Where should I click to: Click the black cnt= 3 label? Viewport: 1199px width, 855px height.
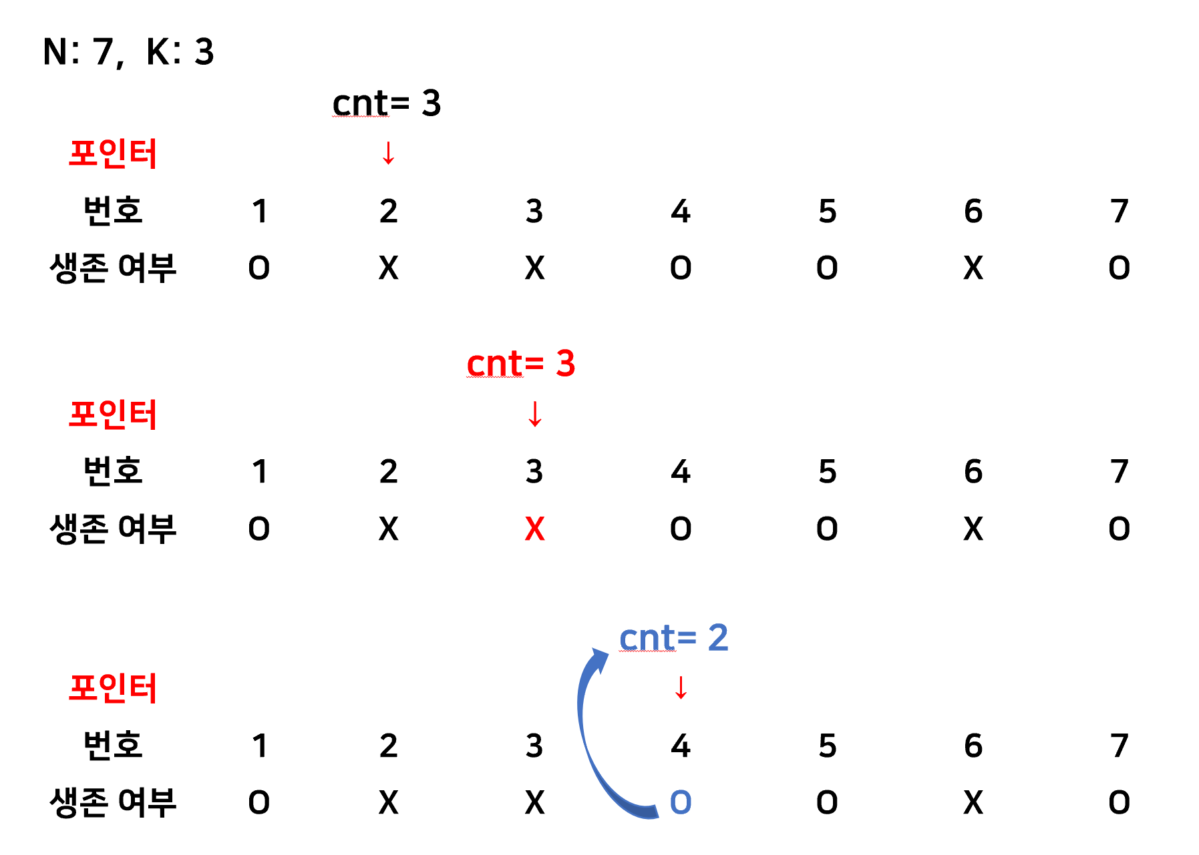pos(387,103)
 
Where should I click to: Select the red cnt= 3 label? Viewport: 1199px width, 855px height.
pos(520,364)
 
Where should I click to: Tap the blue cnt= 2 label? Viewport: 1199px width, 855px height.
pos(673,637)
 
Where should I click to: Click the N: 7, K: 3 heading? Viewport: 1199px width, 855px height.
pos(128,51)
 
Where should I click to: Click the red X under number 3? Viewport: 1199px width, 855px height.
pos(534,529)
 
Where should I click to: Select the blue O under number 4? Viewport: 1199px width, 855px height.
pos(681,802)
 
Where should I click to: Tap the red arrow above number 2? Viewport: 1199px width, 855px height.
pos(388,153)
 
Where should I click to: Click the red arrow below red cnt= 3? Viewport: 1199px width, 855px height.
pos(534,414)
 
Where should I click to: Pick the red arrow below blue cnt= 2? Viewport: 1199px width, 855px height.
pos(681,687)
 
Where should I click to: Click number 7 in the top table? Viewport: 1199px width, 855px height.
pos(1120,212)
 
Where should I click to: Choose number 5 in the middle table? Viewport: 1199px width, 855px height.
pos(827,472)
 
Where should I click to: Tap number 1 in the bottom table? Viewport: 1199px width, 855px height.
pos(260,746)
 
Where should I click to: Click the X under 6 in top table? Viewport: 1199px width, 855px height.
pos(973,268)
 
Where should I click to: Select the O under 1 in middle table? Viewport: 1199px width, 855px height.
pos(259,529)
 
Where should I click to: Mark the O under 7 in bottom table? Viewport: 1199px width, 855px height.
pos(1120,802)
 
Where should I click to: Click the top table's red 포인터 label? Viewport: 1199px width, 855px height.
pos(112,154)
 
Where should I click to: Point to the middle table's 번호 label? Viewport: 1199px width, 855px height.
pos(112,471)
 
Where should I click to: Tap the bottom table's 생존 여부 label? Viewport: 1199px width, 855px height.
pos(112,802)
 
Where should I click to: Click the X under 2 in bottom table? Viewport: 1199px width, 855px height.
pos(388,802)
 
